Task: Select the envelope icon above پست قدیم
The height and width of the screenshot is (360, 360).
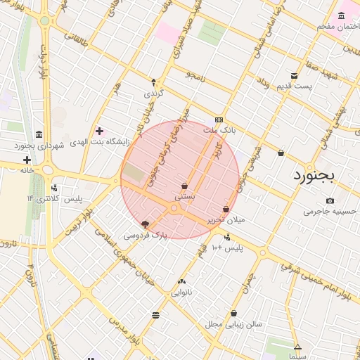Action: (x=294, y=76)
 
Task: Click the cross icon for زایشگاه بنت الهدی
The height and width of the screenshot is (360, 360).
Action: (x=99, y=130)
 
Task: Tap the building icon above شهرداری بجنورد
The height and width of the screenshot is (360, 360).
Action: (x=38, y=134)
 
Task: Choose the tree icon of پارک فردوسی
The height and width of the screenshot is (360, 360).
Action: (x=146, y=224)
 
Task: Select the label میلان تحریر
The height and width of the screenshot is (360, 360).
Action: (x=226, y=220)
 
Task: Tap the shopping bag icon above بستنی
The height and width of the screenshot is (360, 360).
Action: (x=184, y=186)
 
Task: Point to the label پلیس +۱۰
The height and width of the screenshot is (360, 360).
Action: (x=227, y=247)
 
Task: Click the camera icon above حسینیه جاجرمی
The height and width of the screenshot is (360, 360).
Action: (x=330, y=200)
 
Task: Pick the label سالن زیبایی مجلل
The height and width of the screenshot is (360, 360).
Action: (x=233, y=324)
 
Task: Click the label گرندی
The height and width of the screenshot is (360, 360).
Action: (x=153, y=93)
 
